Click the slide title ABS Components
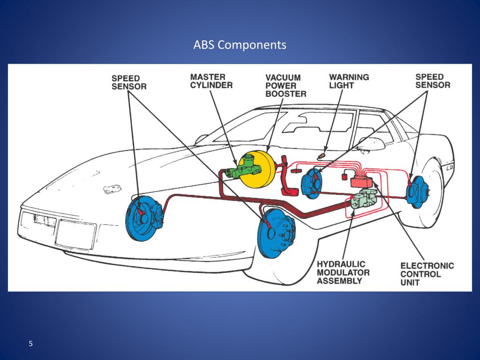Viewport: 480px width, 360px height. (x=240, y=45)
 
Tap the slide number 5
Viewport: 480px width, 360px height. (x=31, y=344)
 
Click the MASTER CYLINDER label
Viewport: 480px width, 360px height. (x=211, y=81)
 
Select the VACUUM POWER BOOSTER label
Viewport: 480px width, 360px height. (x=285, y=85)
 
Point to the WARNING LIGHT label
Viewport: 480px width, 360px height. (x=349, y=81)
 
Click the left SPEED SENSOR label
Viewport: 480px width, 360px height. (x=129, y=82)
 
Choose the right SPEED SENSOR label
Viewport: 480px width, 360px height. (x=432, y=81)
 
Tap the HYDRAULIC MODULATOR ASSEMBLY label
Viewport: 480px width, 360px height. (x=343, y=272)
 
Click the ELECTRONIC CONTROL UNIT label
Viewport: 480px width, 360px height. (x=427, y=274)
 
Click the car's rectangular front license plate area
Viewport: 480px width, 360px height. (x=75, y=234)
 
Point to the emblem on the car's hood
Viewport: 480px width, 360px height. (x=112, y=189)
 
